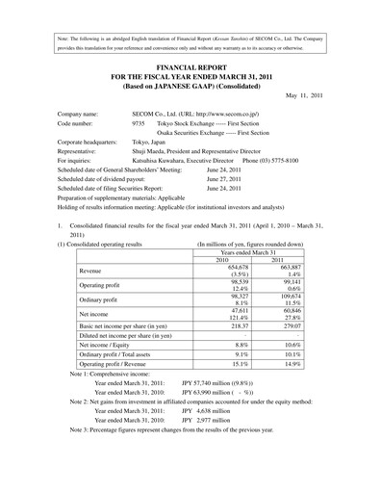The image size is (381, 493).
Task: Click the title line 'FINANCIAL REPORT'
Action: pyautogui.click(x=190, y=60)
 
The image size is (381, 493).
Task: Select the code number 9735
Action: pyautogui.click(x=138, y=124)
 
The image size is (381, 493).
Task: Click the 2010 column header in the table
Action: pyautogui.click(x=222, y=259)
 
